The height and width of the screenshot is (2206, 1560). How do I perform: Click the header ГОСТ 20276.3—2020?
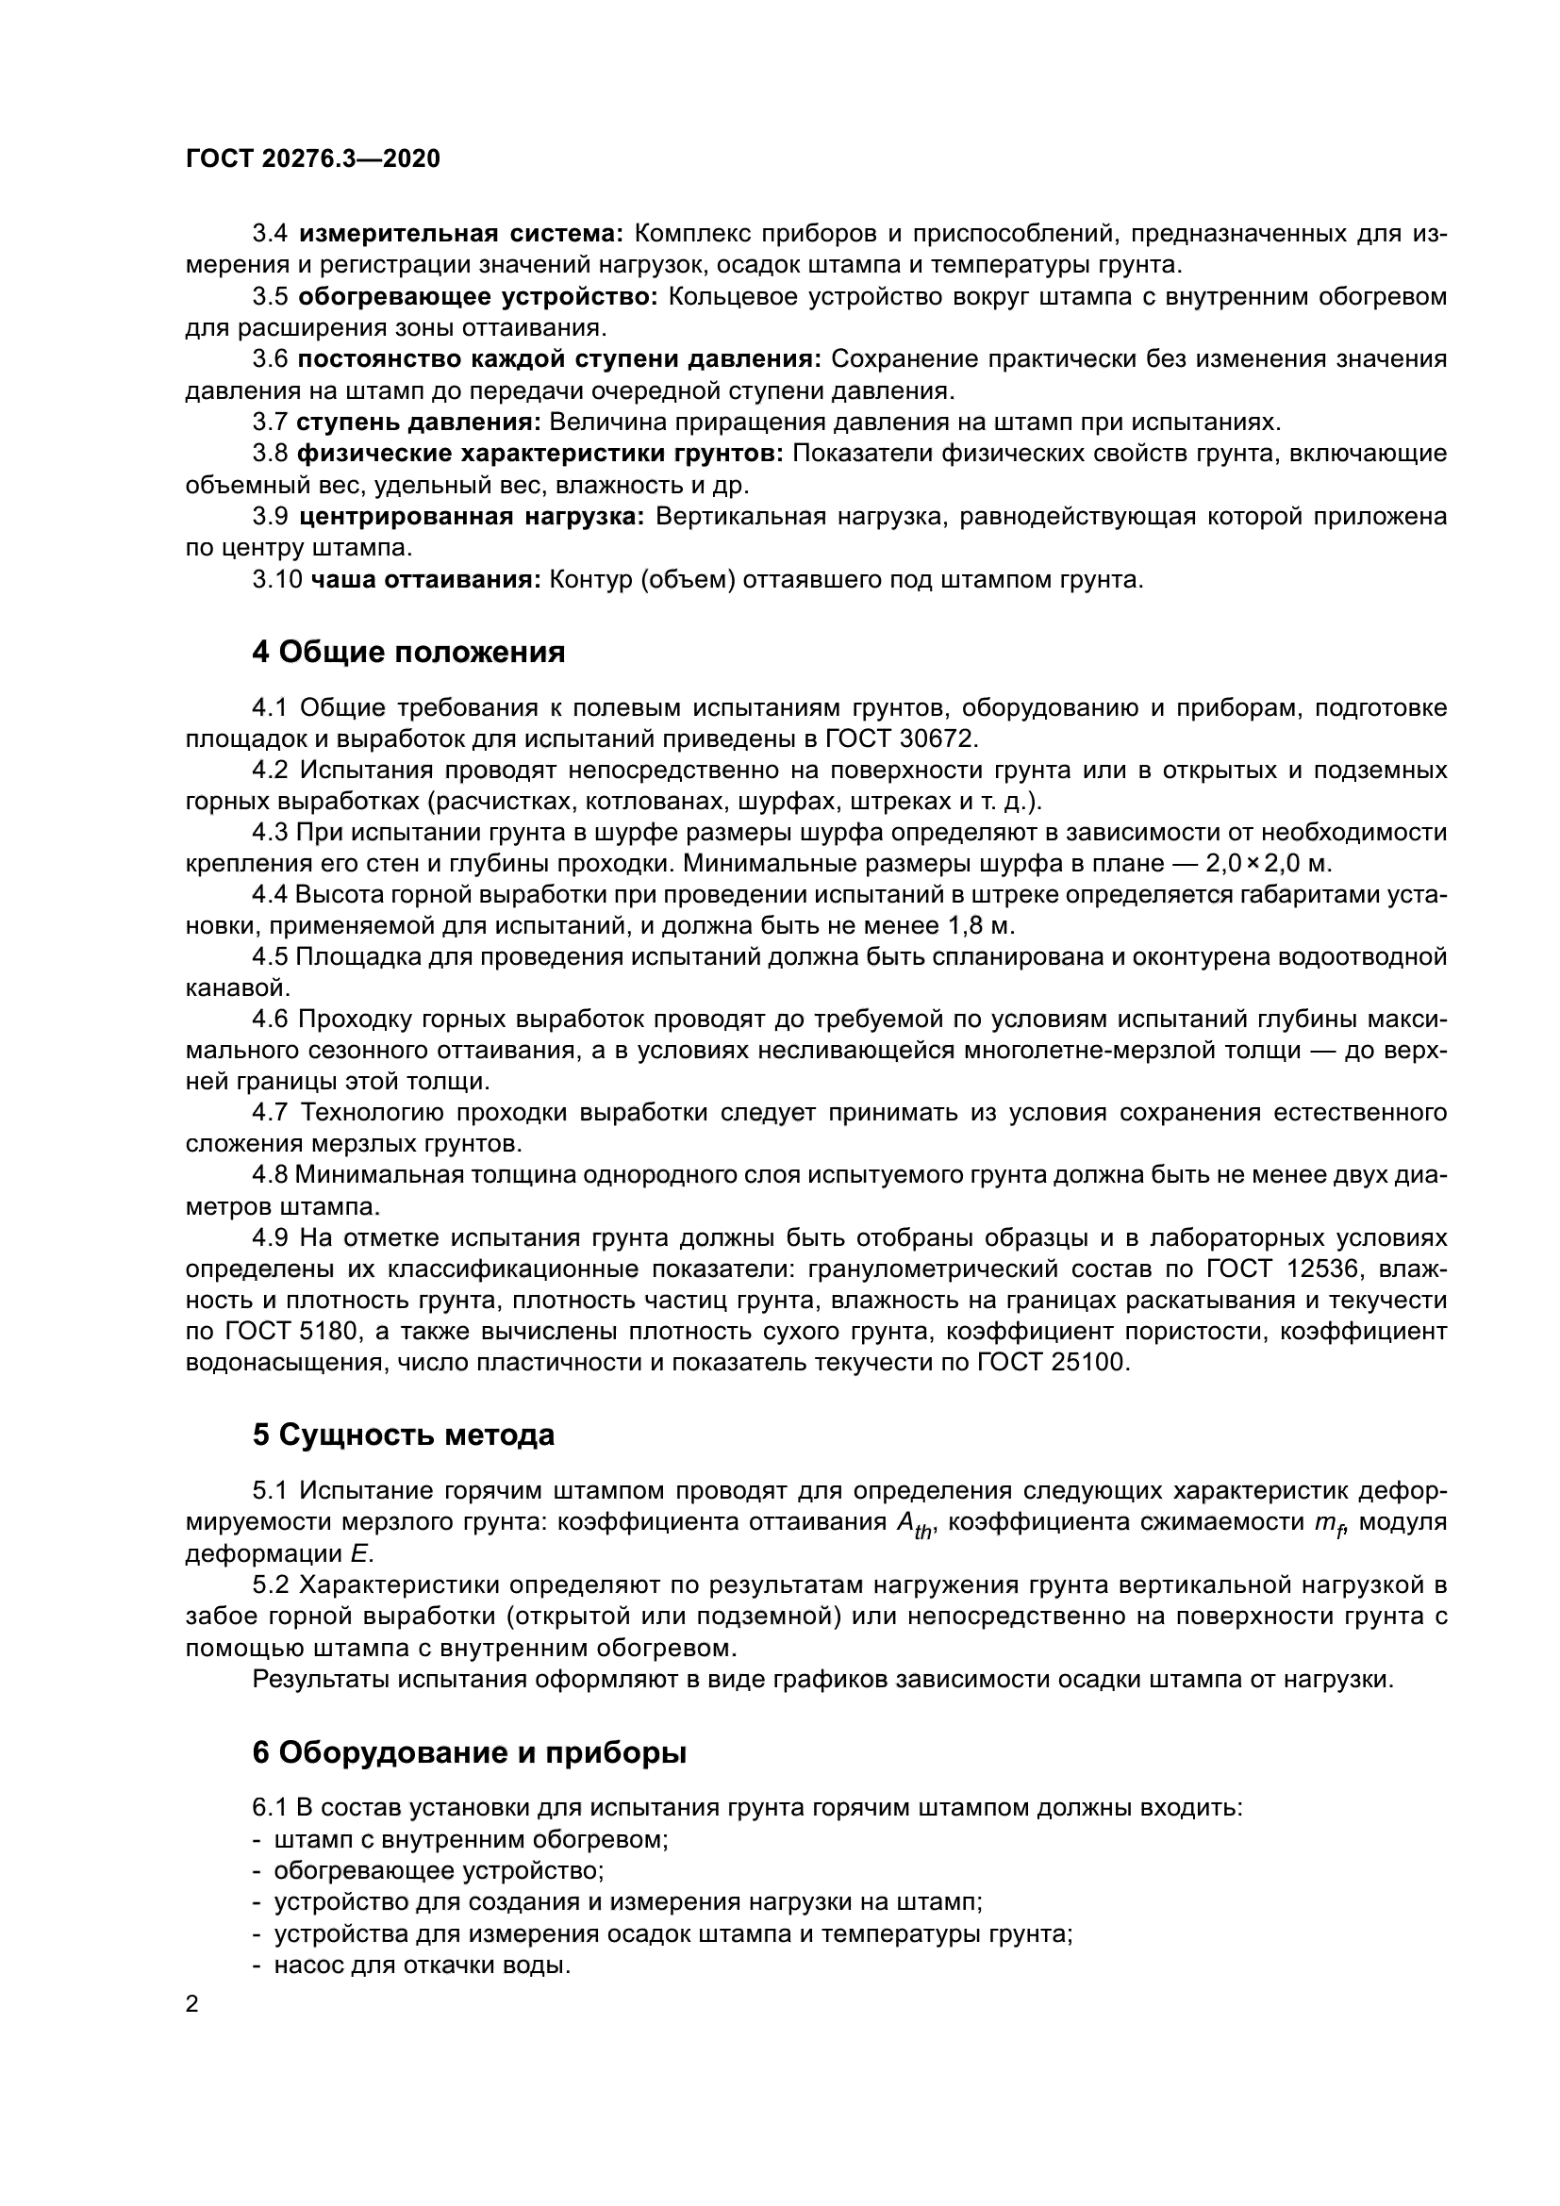(x=312, y=159)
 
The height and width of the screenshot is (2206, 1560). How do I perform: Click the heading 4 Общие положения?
(x=408, y=653)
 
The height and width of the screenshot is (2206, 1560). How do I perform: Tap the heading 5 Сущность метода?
(x=404, y=1435)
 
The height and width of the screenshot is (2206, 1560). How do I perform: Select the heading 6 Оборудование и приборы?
(x=469, y=1753)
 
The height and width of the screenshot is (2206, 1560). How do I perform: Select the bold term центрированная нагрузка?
(x=472, y=517)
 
